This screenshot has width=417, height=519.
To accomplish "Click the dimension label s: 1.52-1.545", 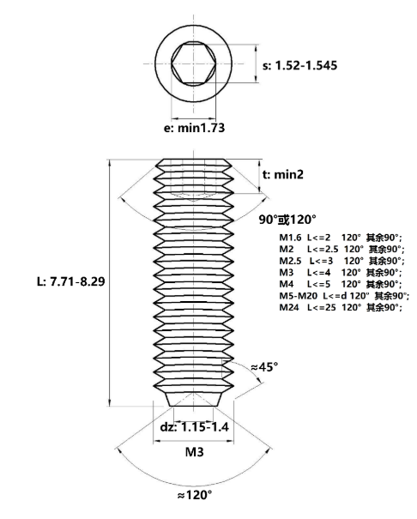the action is click(x=299, y=65).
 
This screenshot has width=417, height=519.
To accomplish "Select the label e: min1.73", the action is click(x=194, y=128).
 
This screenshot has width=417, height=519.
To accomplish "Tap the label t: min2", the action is click(x=283, y=174).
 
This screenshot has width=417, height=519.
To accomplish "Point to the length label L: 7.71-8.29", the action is click(x=71, y=281).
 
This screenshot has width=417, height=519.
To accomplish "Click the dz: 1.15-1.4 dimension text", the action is click(x=194, y=427).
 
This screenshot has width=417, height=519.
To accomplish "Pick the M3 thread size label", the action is click(x=194, y=452).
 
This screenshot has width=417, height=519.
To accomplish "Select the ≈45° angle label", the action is click(x=264, y=367).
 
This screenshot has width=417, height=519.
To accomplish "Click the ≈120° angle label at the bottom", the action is click(x=195, y=496).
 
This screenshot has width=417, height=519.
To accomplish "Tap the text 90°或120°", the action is click(x=287, y=220).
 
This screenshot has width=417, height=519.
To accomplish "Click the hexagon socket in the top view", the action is click(x=194, y=63).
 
